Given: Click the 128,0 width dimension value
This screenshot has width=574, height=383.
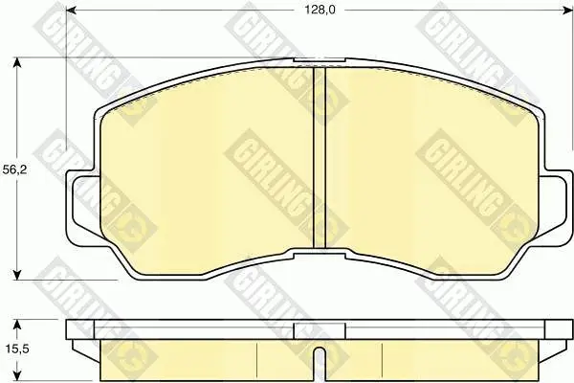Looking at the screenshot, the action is [x=320, y=10].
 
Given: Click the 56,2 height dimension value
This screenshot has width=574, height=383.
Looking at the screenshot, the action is [x=14, y=169].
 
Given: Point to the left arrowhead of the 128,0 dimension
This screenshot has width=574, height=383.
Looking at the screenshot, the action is [x=72, y=11].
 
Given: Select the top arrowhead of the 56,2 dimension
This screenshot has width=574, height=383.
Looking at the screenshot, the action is [x=17, y=62].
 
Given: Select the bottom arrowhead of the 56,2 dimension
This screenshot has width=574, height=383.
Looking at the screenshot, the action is [x=17, y=275].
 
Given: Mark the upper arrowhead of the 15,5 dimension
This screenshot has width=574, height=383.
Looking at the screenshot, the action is [x=17, y=325].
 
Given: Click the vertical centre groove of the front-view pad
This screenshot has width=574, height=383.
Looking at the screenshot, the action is [x=320, y=158].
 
